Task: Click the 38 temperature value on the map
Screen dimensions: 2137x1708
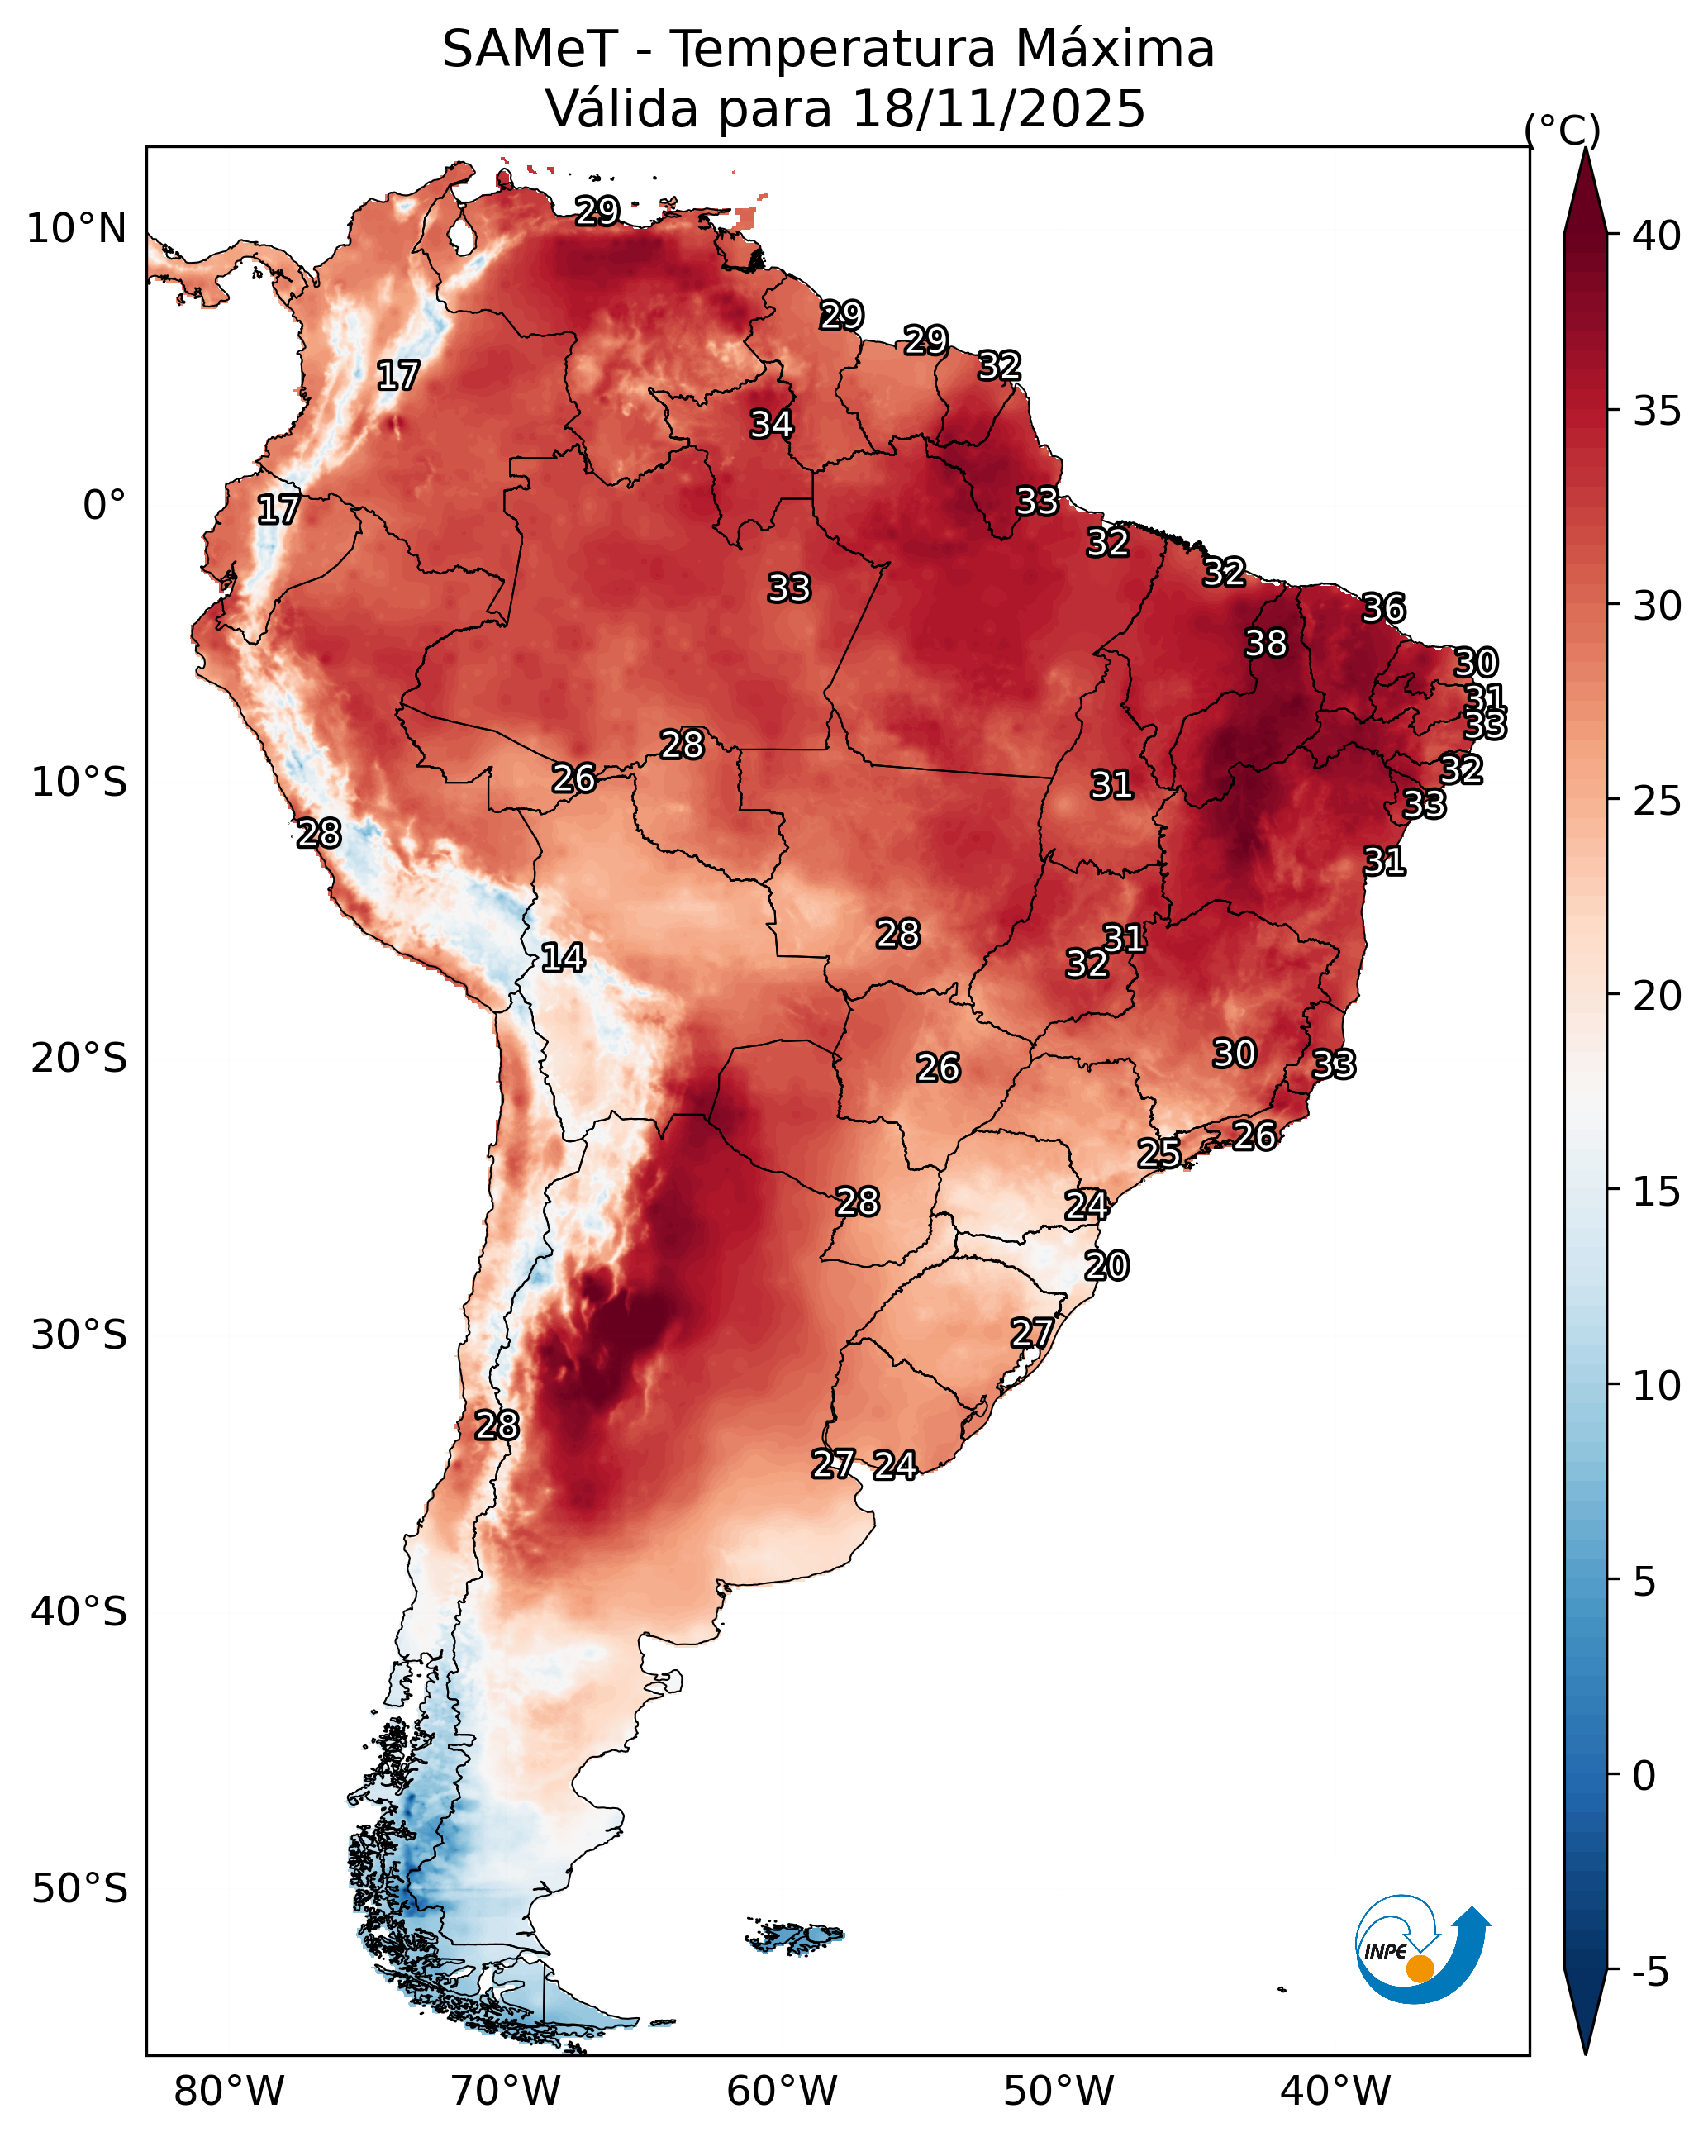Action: [x=1266, y=643]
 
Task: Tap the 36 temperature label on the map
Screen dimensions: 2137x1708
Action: [x=1383, y=607]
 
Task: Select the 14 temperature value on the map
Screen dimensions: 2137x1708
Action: [x=562, y=958]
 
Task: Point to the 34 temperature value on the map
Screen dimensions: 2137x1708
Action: [x=771, y=424]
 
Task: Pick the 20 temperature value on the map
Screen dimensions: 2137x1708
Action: [x=1106, y=1266]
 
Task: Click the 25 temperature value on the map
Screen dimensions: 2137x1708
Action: [x=1158, y=1153]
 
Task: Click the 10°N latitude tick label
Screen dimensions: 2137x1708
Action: [x=76, y=229]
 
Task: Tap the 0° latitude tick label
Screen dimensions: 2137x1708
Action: [x=104, y=506]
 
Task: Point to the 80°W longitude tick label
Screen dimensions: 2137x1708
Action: [x=229, y=2091]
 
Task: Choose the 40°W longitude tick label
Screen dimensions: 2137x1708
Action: [x=1335, y=2091]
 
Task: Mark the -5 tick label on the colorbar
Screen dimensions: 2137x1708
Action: [x=1650, y=1973]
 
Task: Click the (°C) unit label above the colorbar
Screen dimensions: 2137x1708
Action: [x=1561, y=130]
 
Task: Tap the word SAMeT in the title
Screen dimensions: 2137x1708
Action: [x=530, y=50]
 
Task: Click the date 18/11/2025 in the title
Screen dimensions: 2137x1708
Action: [x=997, y=109]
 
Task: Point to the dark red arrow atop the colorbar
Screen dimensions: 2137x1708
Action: [x=1585, y=193]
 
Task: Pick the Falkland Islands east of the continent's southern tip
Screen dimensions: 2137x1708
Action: [x=796, y=1936]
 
